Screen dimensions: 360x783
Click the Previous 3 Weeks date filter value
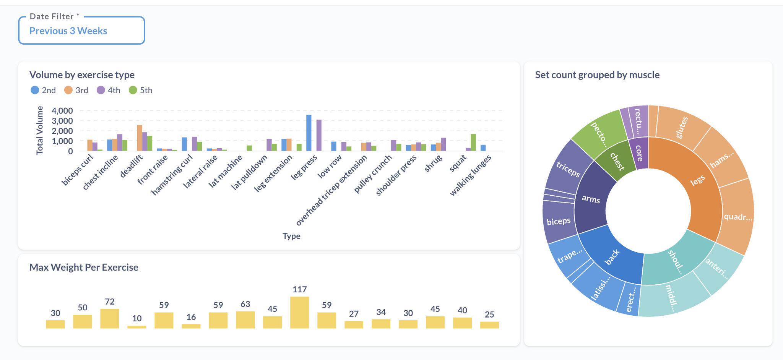pos(68,31)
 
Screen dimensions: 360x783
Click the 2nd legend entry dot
pos(35,90)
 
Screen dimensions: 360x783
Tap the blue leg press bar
pos(309,133)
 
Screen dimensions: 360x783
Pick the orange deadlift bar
pos(140,138)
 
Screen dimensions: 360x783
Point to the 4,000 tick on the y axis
pos(62,111)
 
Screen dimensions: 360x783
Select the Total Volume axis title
pos(39,131)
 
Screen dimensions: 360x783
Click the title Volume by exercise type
pos(82,75)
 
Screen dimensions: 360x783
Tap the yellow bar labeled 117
pos(299,312)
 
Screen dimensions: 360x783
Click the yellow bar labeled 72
pos(109,318)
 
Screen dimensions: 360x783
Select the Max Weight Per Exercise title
pos(84,268)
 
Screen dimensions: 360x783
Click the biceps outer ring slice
pos(559,221)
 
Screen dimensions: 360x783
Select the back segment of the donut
pos(612,257)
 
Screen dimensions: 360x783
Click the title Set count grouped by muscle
pos(597,75)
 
